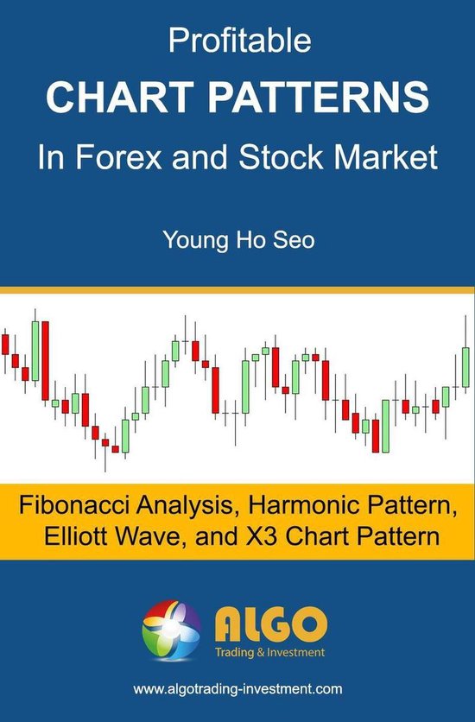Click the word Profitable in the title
(237, 41)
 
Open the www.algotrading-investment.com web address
(237, 689)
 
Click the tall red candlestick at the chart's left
(45, 359)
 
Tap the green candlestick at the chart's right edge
(465, 366)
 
